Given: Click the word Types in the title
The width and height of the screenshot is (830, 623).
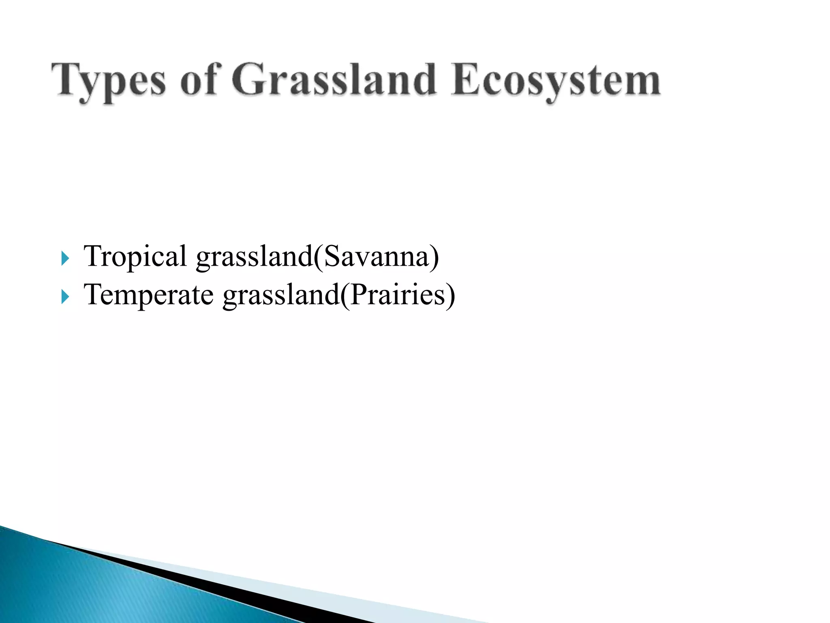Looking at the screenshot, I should (109, 81).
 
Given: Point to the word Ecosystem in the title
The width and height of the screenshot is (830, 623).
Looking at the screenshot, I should (556, 81).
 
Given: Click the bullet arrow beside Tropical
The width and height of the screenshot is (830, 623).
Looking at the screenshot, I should (65, 258).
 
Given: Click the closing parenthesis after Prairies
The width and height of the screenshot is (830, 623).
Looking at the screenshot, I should (450, 296).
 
